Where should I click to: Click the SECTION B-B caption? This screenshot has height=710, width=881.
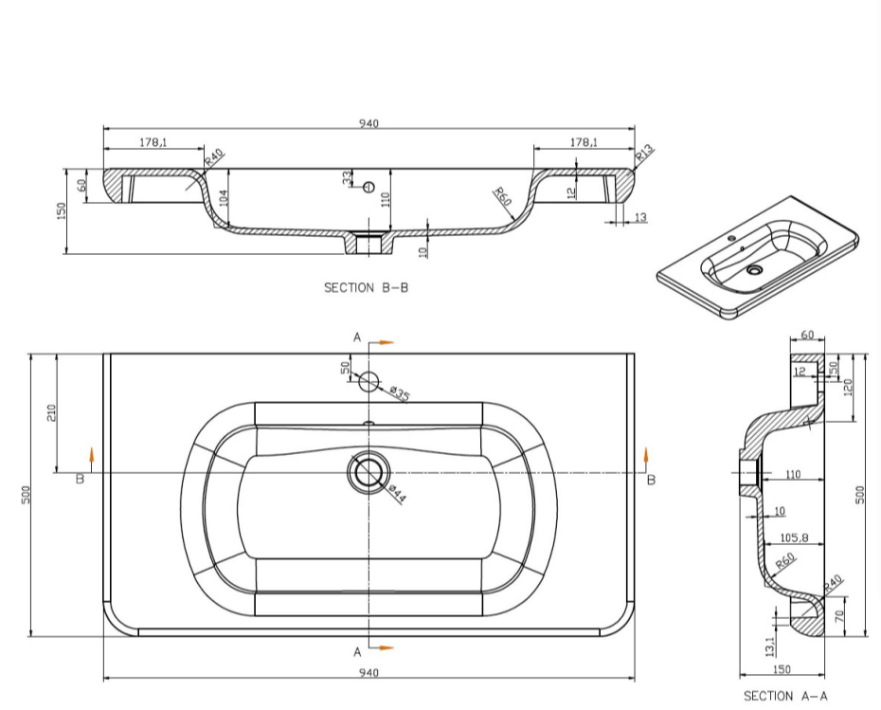(366, 288)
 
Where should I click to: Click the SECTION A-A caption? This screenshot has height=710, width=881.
(785, 696)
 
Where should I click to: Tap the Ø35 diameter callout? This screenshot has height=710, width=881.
(399, 393)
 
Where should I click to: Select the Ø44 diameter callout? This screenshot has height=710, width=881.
(397, 493)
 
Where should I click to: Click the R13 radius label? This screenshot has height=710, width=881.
(645, 152)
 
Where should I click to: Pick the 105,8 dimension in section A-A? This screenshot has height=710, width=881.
(794, 538)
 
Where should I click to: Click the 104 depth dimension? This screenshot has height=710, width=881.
(223, 198)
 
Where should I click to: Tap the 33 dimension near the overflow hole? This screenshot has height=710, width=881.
(348, 177)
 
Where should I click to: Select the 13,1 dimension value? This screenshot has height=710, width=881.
(770, 645)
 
